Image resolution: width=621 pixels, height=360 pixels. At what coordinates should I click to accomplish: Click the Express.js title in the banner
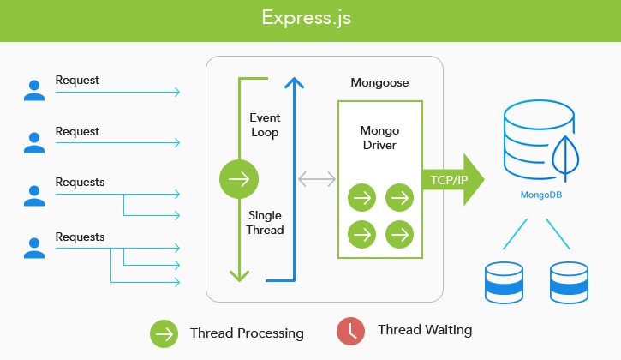(x=306, y=18)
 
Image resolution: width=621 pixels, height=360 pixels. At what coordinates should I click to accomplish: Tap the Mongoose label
(x=379, y=82)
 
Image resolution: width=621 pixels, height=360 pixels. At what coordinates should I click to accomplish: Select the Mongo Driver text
(x=379, y=138)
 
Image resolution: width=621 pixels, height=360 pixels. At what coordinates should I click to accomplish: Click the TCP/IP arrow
(x=453, y=180)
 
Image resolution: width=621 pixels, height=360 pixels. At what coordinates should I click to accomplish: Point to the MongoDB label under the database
(x=541, y=195)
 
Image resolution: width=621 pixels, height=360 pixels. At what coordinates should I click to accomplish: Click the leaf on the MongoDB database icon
(x=565, y=159)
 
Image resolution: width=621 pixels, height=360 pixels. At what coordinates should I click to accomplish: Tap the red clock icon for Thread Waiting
(x=350, y=331)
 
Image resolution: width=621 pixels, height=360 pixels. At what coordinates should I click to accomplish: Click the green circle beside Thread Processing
(x=164, y=333)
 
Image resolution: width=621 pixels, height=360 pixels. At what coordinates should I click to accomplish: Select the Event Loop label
(x=265, y=125)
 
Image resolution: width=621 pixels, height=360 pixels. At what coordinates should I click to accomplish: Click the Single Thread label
(x=265, y=222)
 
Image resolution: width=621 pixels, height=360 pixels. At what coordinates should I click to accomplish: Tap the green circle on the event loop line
(x=239, y=179)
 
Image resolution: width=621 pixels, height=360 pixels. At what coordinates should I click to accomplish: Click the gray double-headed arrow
(x=317, y=179)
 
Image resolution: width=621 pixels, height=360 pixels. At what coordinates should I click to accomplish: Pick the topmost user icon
(x=34, y=90)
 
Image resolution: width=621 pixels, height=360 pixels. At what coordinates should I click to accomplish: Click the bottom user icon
(x=34, y=249)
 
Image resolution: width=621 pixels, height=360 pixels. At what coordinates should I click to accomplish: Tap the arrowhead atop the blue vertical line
(x=295, y=82)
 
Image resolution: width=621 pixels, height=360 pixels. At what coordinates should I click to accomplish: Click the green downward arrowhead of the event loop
(x=239, y=276)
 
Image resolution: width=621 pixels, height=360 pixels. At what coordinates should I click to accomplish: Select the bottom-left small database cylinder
(x=504, y=283)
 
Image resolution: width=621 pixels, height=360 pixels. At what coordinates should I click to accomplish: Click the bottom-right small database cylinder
(x=569, y=283)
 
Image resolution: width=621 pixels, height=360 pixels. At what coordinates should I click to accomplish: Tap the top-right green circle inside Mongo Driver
(x=399, y=197)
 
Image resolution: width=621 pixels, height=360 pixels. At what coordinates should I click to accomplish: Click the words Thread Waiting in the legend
(x=425, y=330)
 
